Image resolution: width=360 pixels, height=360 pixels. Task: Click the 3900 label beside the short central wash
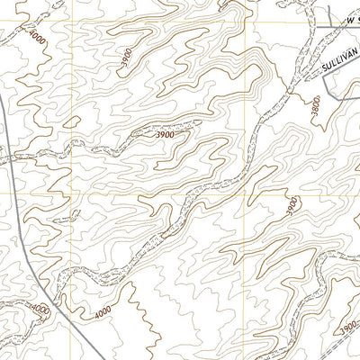point(164,134)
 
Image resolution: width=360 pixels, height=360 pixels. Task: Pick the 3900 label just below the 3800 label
point(291,206)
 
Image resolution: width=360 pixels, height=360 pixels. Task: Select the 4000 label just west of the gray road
point(40,309)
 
